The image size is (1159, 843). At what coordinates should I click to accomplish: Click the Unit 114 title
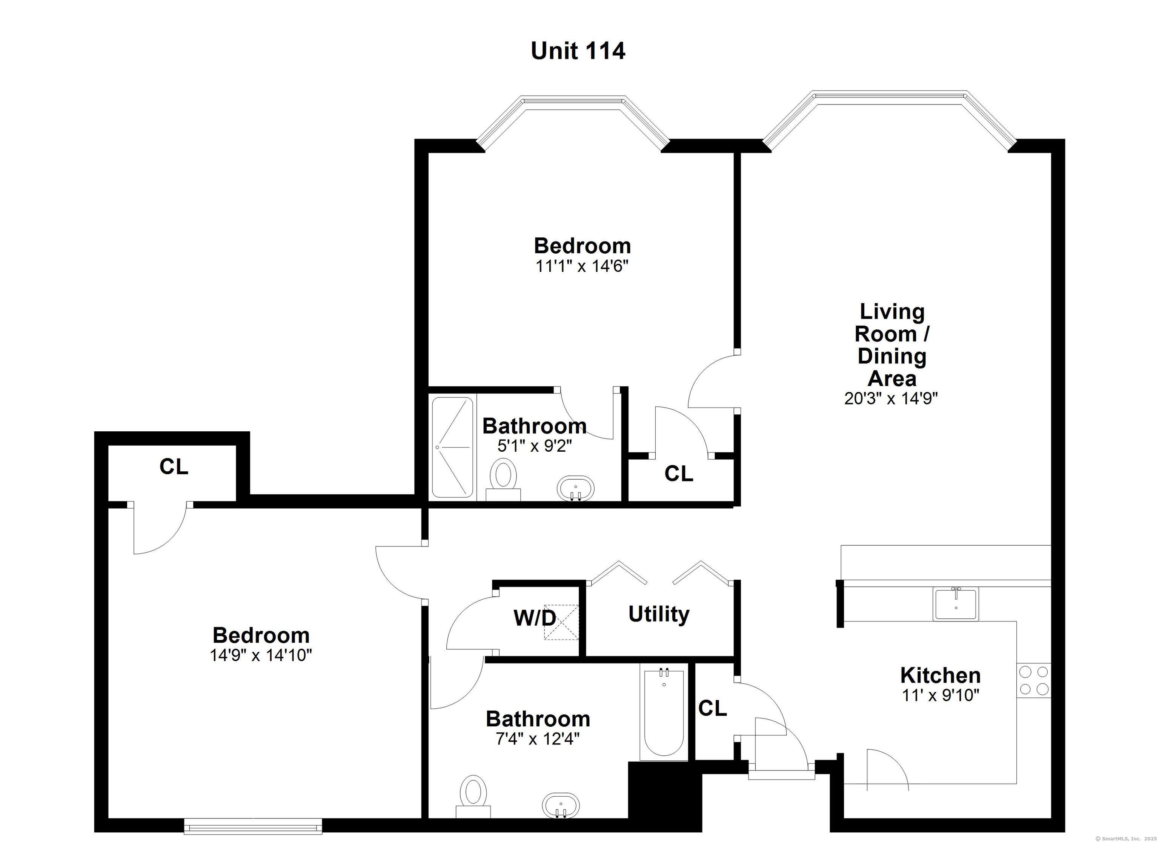[578, 51]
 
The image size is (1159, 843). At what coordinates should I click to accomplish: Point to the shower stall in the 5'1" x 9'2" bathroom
[452, 447]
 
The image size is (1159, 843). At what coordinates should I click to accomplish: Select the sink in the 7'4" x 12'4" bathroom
[561, 805]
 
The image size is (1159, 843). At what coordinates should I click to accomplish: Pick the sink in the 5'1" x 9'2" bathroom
[576, 488]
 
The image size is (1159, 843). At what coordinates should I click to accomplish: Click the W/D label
[535, 618]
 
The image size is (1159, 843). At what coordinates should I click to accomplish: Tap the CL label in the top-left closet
[174, 466]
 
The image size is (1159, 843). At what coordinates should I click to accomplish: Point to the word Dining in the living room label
[892, 356]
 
